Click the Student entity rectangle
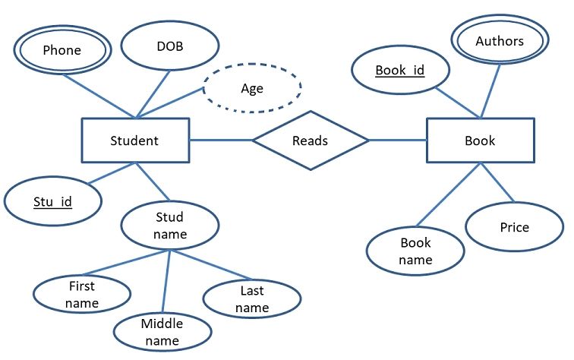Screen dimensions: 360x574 [134, 141]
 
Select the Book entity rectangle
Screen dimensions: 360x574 [479, 141]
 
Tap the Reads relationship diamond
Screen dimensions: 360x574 [310, 141]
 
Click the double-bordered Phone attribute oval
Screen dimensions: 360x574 [61, 51]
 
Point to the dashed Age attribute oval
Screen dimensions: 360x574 [251, 88]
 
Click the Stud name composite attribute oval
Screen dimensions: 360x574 [169, 225]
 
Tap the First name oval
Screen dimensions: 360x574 [82, 295]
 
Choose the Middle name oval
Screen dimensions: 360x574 [161, 332]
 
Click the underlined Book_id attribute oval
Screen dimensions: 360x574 [399, 71]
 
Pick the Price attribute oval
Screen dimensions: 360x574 [514, 227]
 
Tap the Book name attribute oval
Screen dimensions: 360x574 [415, 251]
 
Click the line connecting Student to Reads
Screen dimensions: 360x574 [220, 140]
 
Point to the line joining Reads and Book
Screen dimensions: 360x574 [397, 140]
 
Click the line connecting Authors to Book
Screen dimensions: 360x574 [490, 91]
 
